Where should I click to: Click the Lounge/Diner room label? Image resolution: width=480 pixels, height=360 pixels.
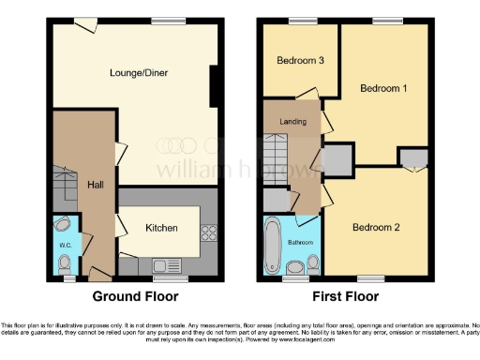coord(133,71)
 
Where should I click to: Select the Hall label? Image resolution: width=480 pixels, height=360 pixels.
coord(95,186)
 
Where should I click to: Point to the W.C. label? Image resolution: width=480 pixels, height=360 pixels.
coord(66,246)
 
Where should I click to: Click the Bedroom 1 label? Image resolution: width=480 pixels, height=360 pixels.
coord(383,88)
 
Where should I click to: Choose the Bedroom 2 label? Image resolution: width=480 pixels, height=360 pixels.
coord(376,228)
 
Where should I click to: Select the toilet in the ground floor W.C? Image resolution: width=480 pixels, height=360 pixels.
coord(63,225)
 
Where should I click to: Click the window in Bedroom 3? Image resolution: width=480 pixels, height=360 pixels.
coord(301,22)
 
